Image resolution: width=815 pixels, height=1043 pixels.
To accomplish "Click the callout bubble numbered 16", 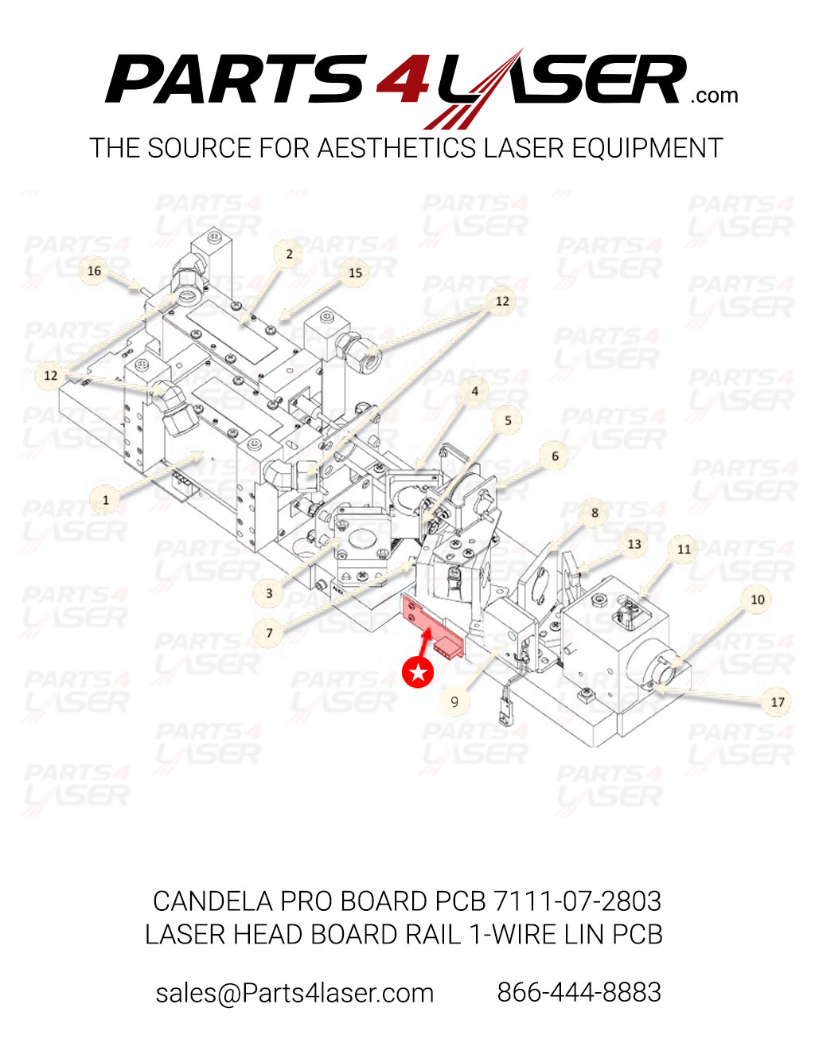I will [94, 271].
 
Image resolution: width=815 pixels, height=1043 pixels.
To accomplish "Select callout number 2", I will [289, 254].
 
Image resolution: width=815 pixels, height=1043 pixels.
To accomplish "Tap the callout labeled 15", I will [355, 272].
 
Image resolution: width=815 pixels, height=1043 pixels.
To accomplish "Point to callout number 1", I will [105, 500].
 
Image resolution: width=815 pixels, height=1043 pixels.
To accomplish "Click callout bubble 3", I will [269, 592].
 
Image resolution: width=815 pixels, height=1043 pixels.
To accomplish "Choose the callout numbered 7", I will [269, 632].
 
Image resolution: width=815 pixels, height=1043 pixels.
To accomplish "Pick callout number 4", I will [474, 391].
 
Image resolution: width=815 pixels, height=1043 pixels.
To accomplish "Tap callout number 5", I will [508, 420].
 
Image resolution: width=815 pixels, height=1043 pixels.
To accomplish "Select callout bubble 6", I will [555, 456].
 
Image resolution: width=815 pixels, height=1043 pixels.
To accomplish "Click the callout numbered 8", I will [594, 513].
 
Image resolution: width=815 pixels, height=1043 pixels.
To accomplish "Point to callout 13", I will [634, 545].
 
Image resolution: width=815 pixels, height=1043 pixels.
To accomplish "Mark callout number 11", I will [684, 549].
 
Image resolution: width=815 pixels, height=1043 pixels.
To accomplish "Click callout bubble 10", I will [757, 600].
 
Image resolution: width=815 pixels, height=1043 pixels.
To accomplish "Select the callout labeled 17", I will [777, 701].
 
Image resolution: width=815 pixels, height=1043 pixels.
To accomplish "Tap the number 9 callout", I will [454, 701].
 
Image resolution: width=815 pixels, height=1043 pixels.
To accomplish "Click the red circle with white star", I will [418, 673].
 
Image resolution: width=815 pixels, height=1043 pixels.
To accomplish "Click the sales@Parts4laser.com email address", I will [294, 993].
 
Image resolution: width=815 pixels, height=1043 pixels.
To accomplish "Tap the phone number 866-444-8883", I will [579, 993].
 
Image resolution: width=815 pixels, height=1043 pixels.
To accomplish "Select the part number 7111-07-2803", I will [577, 901].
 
